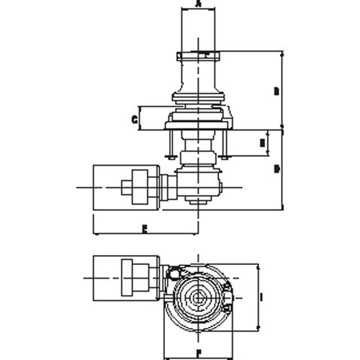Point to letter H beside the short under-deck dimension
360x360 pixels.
[261, 143]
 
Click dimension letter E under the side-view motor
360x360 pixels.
[144, 229]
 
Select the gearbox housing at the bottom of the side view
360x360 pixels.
[199, 183]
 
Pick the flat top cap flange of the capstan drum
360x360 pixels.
[198, 53]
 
